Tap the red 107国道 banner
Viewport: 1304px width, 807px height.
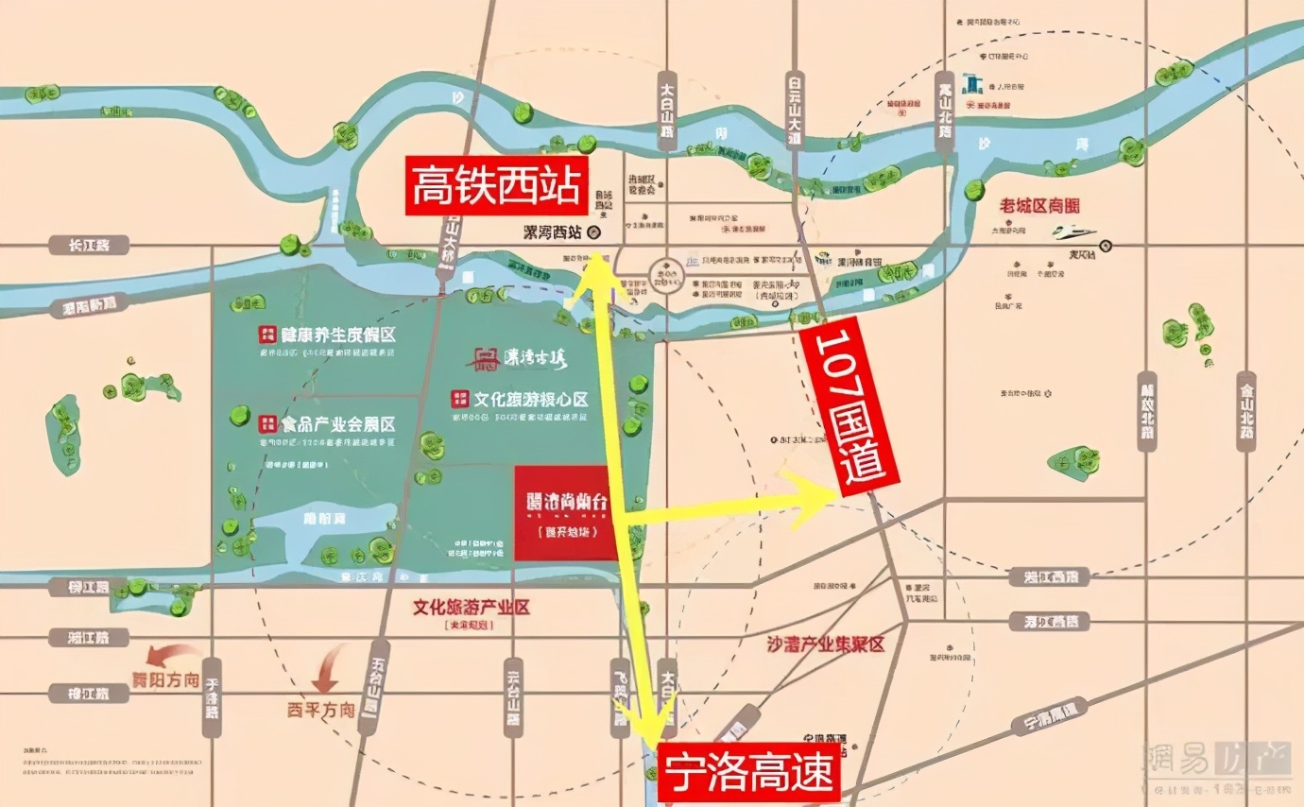point(849,407)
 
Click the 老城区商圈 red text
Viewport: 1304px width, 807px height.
point(1038,205)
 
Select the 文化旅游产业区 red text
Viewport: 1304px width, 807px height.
point(471,607)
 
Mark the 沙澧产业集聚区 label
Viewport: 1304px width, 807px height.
point(826,644)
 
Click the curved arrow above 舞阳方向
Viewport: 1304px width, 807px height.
point(172,655)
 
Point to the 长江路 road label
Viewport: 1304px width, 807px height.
point(88,246)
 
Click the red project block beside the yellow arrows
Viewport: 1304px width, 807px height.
point(564,513)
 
